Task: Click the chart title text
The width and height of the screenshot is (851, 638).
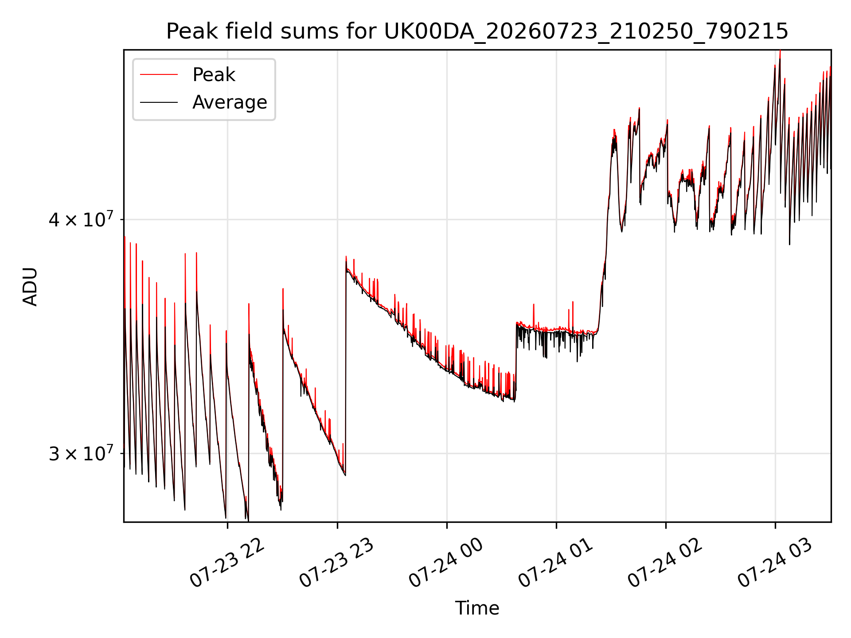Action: point(477,31)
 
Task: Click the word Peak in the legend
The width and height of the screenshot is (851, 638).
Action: point(214,75)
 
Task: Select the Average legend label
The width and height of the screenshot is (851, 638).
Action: point(230,102)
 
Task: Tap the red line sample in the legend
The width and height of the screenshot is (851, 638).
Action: point(159,75)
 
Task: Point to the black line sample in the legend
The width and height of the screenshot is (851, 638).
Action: point(159,102)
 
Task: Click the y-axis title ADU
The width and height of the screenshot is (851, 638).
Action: point(30,286)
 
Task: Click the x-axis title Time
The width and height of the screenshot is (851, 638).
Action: point(477,608)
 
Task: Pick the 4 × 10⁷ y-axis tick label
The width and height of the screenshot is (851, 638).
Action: point(81,219)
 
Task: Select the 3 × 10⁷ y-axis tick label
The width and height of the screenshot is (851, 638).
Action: point(81,453)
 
